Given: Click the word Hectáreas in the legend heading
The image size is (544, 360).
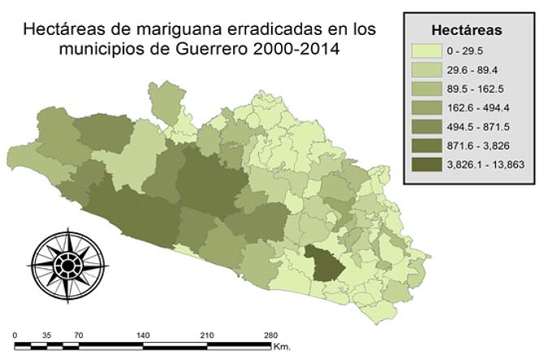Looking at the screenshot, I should point(465,30).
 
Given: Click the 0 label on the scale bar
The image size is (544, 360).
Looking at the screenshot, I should point(16,335).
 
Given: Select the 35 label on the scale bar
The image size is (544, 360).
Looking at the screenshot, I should point(46,335).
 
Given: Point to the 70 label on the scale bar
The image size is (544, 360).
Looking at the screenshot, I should point(79,335).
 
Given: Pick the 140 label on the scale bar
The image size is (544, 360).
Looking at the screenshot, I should point(143,335).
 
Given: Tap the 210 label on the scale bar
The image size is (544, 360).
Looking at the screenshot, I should point(206,335).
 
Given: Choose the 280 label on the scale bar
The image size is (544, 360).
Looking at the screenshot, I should point(270,335).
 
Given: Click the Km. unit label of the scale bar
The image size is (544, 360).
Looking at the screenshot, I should point(282,347).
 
